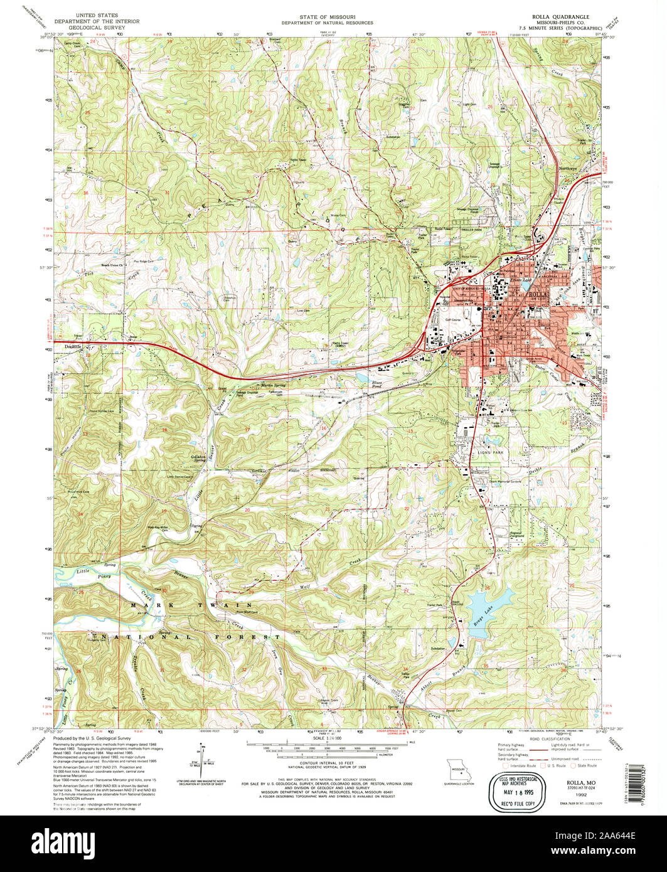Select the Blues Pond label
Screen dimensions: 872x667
377,383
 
